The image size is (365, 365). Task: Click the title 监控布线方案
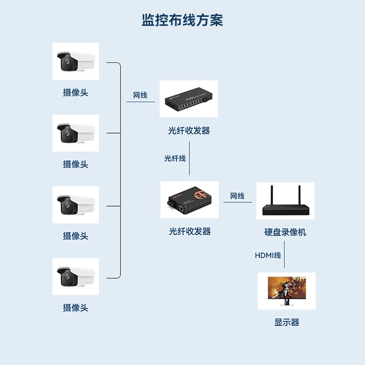click(x=182, y=21)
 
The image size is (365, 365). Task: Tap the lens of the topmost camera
click(x=67, y=61)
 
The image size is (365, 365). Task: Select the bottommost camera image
click(x=75, y=276)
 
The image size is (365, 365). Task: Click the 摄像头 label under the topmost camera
click(x=75, y=93)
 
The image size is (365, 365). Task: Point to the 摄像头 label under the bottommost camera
click(x=75, y=308)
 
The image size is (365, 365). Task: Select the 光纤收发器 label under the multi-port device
click(x=189, y=130)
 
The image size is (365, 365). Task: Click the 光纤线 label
click(x=175, y=159)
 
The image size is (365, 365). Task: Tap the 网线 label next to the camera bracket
click(x=140, y=95)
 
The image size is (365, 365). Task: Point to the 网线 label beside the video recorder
click(x=237, y=196)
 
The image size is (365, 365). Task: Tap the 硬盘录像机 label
click(x=285, y=232)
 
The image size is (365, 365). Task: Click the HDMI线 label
click(x=268, y=255)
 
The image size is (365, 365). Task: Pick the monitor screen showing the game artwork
click(x=287, y=289)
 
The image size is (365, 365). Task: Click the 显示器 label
click(x=287, y=323)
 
